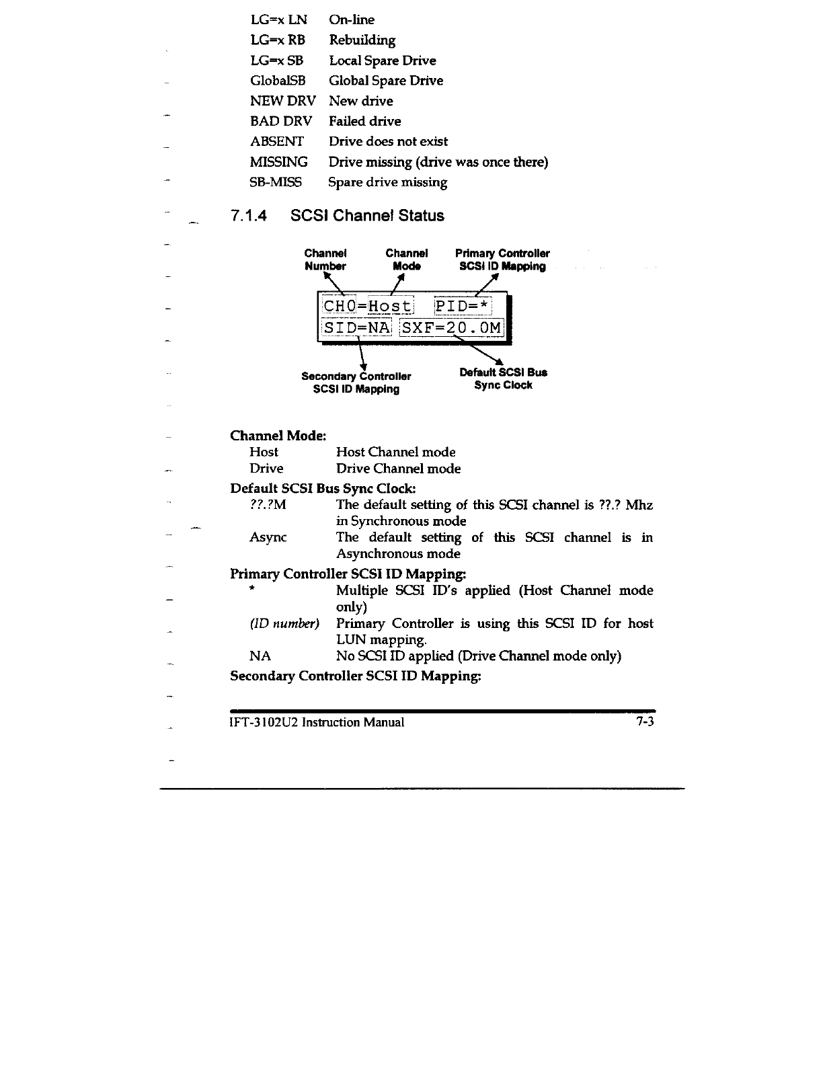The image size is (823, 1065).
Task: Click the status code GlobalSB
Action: (x=277, y=81)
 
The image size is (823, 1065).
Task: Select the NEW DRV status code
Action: (x=282, y=101)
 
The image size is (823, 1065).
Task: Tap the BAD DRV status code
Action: (x=281, y=121)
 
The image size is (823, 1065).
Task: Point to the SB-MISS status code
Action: (x=276, y=182)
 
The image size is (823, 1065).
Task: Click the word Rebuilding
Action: (x=362, y=40)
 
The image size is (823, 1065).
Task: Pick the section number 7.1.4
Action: (x=248, y=216)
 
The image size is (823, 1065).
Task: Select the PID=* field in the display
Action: (x=463, y=307)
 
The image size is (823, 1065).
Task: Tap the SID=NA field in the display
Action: (x=356, y=327)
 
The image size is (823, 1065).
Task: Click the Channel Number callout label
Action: (x=325, y=260)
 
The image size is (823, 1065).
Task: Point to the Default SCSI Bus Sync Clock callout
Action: (x=503, y=379)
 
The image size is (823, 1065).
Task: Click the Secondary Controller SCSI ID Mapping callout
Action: (x=356, y=383)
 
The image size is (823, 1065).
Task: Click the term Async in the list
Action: (x=268, y=537)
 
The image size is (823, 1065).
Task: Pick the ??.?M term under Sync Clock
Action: (x=268, y=504)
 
